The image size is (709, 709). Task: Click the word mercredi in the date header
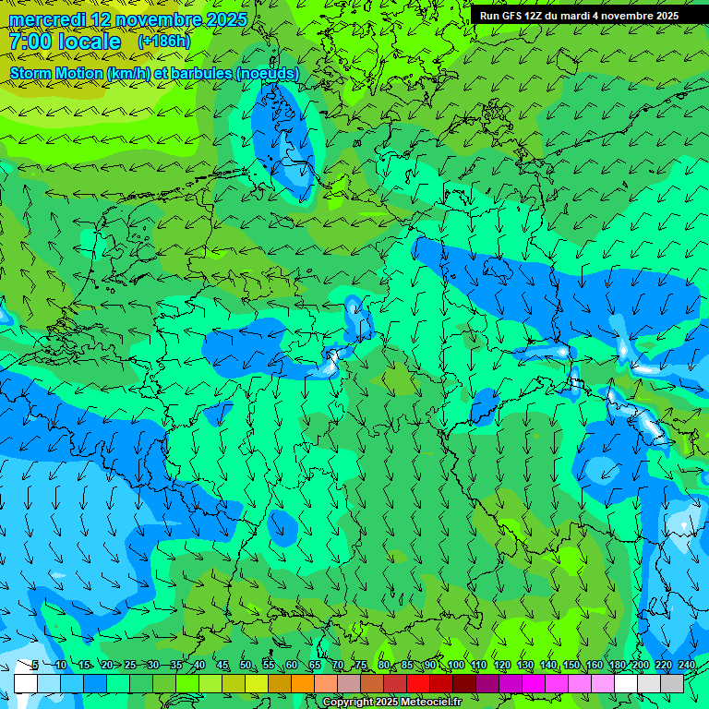pyautogui.click(x=47, y=19)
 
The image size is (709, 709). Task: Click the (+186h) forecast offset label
pyautogui.click(x=163, y=42)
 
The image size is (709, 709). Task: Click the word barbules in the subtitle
pyautogui.click(x=199, y=73)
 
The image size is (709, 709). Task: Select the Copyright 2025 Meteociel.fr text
pyautogui.click(x=391, y=703)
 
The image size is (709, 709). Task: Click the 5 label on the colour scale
pyautogui.click(x=34, y=666)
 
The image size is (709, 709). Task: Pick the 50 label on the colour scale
pyautogui.click(x=246, y=666)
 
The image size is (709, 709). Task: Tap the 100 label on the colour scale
pyautogui.click(x=456, y=666)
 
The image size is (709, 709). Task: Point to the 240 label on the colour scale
pyautogui.click(x=686, y=666)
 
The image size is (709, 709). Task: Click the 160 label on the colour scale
pyautogui.click(x=594, y=666)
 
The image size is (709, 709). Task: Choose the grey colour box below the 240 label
pyautogui.click(x=672, y=683)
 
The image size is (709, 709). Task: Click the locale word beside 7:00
pyautogui.click(x=87, y=42)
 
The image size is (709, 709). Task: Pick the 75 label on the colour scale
pyautogui.click(x=360, y=666)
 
